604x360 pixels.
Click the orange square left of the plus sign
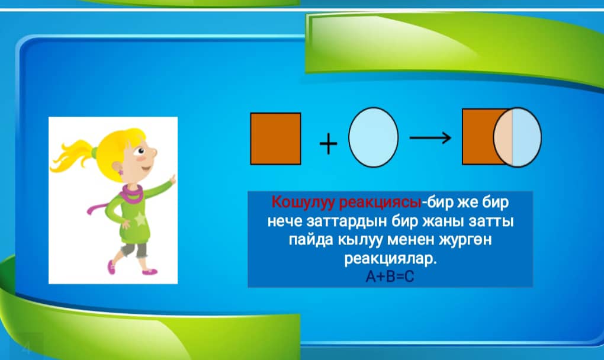(275, 139)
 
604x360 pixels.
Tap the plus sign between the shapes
(328, 144)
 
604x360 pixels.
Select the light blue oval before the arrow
(373, 137)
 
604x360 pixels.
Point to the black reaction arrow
(430, 137)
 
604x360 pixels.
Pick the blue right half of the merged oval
(526, 137)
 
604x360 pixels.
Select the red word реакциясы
(380, 202)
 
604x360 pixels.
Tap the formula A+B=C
(390, 277)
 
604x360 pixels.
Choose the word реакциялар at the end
(390, 259)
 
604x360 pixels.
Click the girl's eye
(141, 151)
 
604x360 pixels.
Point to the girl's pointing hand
(172, 179)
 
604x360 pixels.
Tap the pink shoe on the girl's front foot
(150, 271)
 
